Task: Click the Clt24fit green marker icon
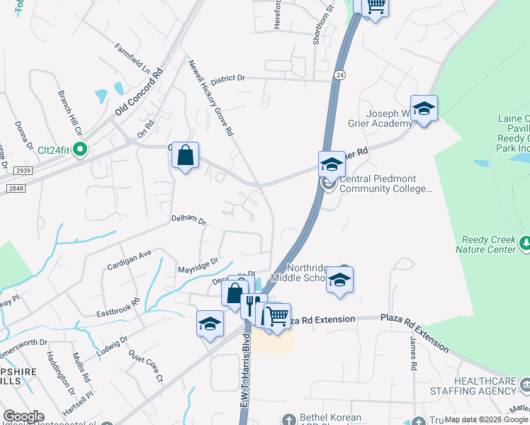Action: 80,149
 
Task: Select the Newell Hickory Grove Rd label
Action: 210,98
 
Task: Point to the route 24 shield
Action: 341,74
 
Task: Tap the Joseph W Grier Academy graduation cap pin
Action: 424,109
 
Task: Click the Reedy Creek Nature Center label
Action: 488,244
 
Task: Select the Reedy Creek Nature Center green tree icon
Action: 524,244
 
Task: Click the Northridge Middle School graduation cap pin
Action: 340,280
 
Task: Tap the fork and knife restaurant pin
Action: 249,306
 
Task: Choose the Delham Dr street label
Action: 188,221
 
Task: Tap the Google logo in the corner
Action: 23,416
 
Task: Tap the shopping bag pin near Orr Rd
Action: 185,156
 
